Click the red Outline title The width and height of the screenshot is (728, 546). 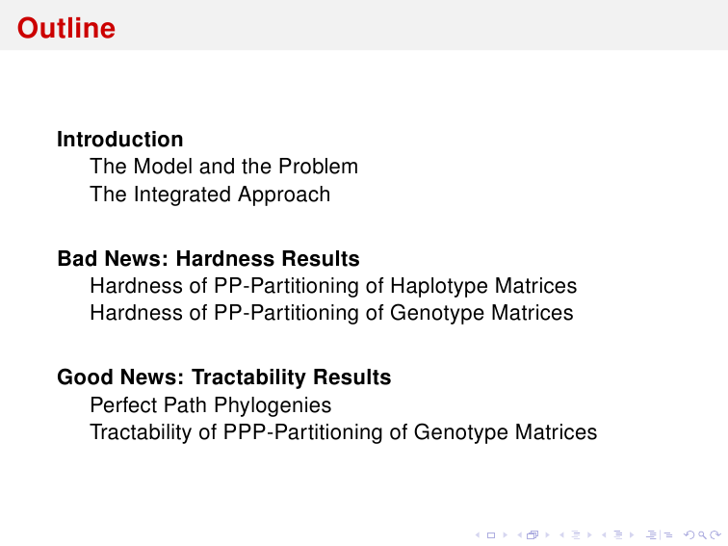pyautogui.click(x=66, y=28)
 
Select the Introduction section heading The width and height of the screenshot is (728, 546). pyautogui.click(x=120, y=140)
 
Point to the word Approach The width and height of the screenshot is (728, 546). pyautogui.click(x=284, y=195)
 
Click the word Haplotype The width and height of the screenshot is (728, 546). pyautogui.click(x=439, y=286)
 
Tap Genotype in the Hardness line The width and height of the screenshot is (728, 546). pyautogui.click(x=437, y=313)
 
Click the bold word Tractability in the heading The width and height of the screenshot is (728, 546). pyautogui.click(x=249, y=377)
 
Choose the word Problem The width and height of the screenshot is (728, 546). pyautogui.click(x=318, y=167)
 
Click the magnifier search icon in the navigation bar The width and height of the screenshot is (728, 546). pyautogui.click(x=702, y=535)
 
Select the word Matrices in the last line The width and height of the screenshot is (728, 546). pyautogui.click(x=556, y=431)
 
